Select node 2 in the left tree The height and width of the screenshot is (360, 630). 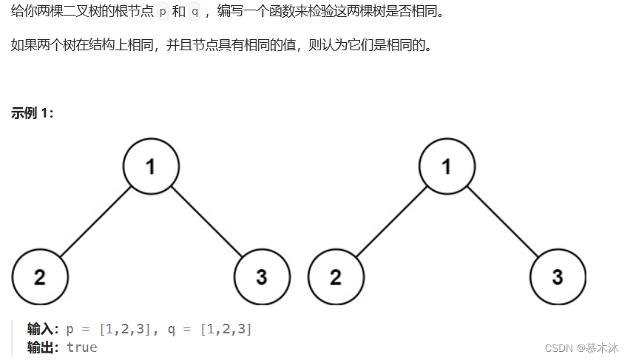click(x=40, y=276)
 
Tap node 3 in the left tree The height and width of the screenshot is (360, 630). click(x=262, y=276)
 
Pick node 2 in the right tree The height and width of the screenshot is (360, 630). click(x=336, y=276)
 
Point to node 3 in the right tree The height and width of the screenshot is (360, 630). click(x=558, y=276)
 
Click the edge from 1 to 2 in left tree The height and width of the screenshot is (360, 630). click(x=95, y=221)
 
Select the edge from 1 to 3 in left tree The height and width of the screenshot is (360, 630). click(x=206, y=221)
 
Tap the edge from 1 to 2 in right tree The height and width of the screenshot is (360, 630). click(x=391, y=221)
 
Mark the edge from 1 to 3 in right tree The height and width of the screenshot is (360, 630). click(x=502, y=221)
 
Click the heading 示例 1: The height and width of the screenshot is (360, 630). click(x=33, y=113)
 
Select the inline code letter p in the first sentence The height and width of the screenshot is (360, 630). click(x=163, y=12)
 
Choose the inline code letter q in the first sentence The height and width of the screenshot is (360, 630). click(x=195, y=12)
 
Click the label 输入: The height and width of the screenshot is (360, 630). click(x=43, y=329)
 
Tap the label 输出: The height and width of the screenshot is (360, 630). click(x=43, y=347)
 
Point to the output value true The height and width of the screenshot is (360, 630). click(x=81, y=347)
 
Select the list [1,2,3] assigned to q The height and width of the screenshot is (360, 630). click(x=226, y=329)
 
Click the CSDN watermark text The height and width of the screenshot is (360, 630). click(x=581, y=347)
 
